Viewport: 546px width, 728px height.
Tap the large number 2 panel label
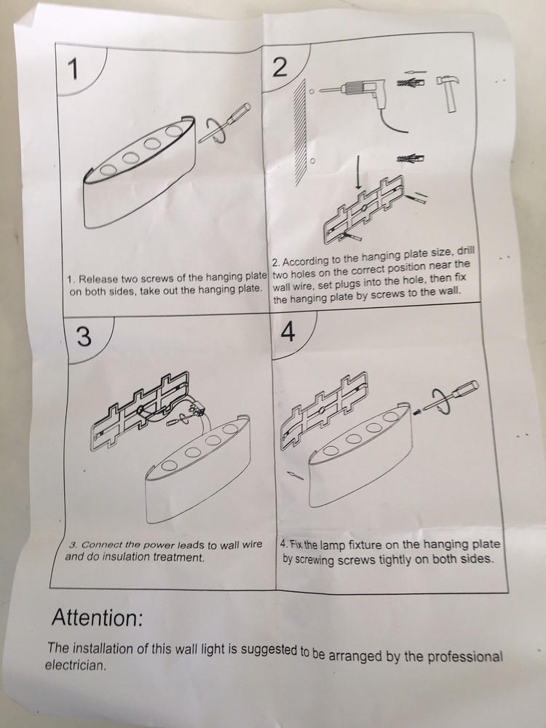280,67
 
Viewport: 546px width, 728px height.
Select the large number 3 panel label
84,336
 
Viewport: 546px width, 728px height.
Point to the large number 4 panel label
288,332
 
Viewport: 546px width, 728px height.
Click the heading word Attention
97,617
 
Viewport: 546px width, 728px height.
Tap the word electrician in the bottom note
76,665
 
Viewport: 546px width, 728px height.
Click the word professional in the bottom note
464,656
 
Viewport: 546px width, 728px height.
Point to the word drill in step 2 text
466,250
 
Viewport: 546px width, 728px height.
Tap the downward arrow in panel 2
358,172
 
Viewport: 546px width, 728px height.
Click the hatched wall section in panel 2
301,132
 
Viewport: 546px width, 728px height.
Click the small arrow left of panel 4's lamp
296,475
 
